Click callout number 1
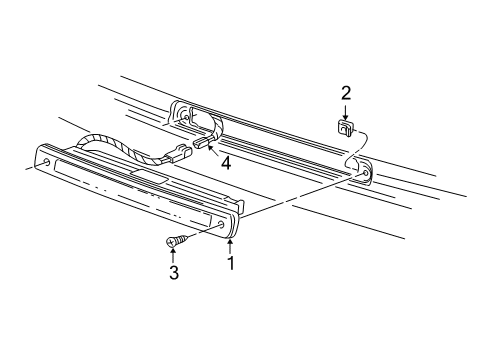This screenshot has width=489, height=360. pos(231,266)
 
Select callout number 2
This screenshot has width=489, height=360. pos(346,94)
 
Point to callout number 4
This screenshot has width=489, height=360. pos(227,163)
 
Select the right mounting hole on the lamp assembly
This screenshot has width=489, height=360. pos(219,227)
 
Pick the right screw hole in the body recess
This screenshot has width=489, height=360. pos(366,177)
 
